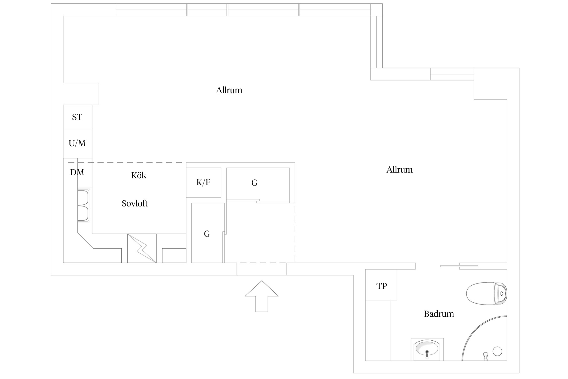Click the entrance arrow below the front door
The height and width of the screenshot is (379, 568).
[x=262, y=296]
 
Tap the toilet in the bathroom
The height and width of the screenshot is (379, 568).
[x=486, y=293]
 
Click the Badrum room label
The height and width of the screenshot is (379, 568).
[x=439, y=314]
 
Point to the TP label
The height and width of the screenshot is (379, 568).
[x=381, y=286]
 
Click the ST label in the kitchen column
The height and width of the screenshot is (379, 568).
[x=77, y=117]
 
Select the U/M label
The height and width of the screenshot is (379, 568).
[x=77, y=144]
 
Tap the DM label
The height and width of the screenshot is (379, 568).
[x=77, y=172]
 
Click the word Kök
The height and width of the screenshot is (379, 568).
[x=139, y=175]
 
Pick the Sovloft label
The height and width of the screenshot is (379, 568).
[x=135, y=203]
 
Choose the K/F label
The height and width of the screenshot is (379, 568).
[x=203, y=182]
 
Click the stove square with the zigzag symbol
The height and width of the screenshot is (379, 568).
[x=142, y=248]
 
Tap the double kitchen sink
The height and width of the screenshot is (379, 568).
[x=84, y=206]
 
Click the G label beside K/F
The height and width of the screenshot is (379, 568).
[x=254, y=183]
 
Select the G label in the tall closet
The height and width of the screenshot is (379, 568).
[x=207, y=234]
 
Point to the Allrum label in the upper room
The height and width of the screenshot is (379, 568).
[x=229, y=90]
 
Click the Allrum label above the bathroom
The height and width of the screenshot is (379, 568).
[x=399, y=170]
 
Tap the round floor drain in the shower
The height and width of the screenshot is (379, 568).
[x=497, y=351]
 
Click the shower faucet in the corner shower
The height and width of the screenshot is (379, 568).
[x=485, y=357]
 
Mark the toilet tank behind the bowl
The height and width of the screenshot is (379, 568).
[x=501, y=293]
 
